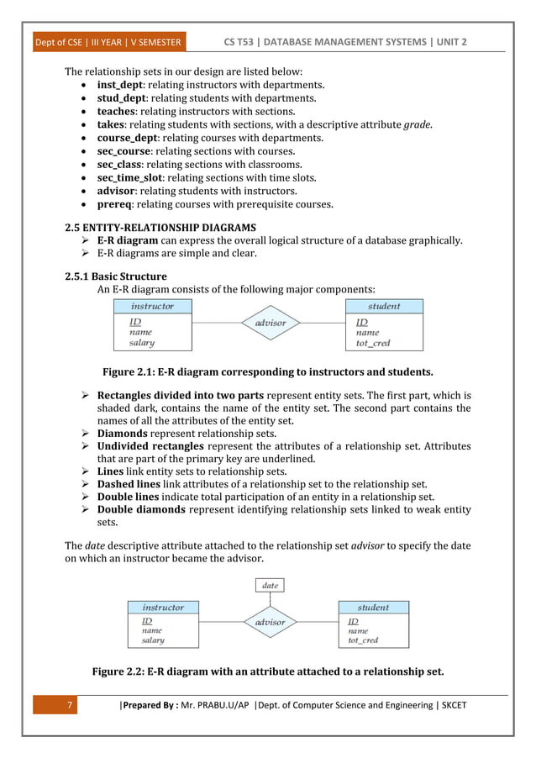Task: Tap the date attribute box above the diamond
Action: click(x=270, y=585)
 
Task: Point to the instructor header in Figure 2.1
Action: click(x=152, y=307)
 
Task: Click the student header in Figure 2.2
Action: click(x=373, y=607)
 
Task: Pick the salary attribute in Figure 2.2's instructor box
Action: click(x=153, y=640)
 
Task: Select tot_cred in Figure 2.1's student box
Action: click(x=374, y=343)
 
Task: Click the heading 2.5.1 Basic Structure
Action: click(x=116, y=276)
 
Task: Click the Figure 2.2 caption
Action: click(x=267, y=671)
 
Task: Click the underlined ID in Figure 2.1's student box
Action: click(x=361, y=322)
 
